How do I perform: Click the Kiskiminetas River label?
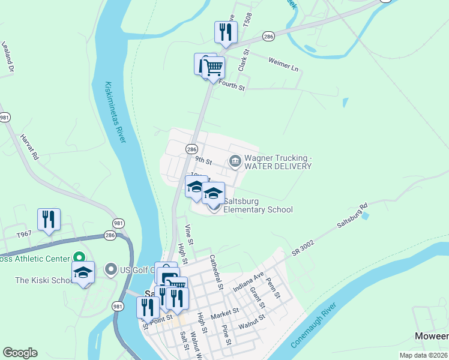click(114, 112)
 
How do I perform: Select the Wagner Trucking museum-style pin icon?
click(235, 160)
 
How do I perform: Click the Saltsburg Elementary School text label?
click(258, 205)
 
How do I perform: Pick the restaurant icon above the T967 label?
click(49, 220)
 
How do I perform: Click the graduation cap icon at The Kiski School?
click(83, 272)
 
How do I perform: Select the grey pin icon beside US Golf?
click(110, 269)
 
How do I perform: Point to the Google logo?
click(20, 353)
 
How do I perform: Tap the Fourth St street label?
click(232, 88)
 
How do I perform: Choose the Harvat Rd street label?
click(29, 148)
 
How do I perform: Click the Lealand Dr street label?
click(7, 57)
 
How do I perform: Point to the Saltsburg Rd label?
click(352, 216)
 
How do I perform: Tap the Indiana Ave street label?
click(249, 281)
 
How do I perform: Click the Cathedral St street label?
click(215, 272)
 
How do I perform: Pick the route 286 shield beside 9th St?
click(191, 149)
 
